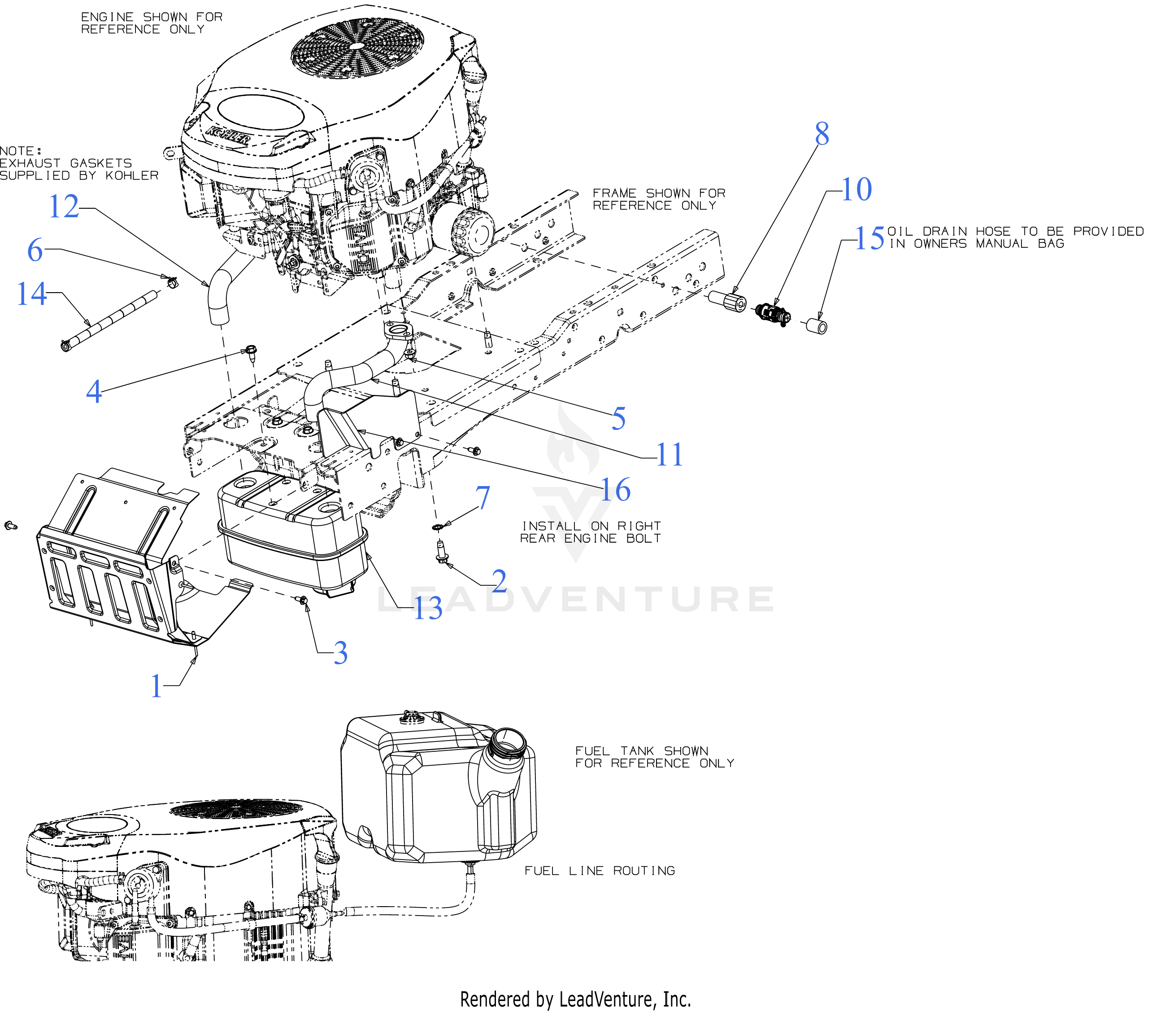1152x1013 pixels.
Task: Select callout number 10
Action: [x=856, y=189]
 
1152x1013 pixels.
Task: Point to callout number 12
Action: [x=63, y=206]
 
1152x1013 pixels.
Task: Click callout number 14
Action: [x=31, y=294]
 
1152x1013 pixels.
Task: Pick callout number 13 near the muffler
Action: [x=428, y=609]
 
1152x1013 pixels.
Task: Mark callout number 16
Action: [x=615, y=490]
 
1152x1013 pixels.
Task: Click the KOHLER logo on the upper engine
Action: [x=228, y=136]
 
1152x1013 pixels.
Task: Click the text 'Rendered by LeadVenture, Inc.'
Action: [x=575, y=999]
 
